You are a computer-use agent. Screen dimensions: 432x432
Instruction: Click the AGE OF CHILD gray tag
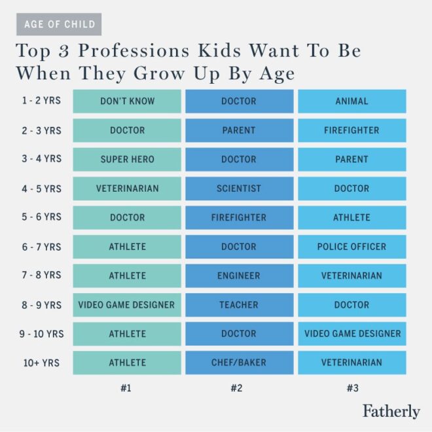pyautogui.click(x=59, y=24)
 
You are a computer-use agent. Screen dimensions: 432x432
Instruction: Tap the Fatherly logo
pyautogui.click(x=391, y=411)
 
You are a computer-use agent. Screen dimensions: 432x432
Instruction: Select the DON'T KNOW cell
pyautogui.click(x=127, y=101)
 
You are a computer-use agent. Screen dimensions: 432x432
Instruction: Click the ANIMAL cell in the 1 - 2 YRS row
pyautogui.click(x=352, y=101)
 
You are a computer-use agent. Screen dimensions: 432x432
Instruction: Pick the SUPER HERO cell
pyautogui.click(x=127, y=159)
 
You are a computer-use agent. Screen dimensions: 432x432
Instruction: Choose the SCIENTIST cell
pyautogui.click(x=239, y=189)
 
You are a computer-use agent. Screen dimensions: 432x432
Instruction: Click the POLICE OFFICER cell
pyautogui.click(x=352, y=247)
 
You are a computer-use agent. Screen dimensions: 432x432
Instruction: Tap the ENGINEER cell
pyautogui.click(x=239, y=276)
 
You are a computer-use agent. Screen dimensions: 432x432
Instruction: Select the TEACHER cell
pyautogui.click(x=239, y=305)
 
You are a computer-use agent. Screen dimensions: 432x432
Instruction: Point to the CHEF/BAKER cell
pyautogui.click(x=239, y=363)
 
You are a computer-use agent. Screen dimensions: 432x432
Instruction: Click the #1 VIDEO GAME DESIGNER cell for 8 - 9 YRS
pyautogui.click(x=127, y=305)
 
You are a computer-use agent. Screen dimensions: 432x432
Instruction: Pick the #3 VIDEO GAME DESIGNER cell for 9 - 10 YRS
pyautogui.click(x=352, y=334)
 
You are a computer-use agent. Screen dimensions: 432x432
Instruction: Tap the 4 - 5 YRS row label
pyautogui.click(x=41, y=189)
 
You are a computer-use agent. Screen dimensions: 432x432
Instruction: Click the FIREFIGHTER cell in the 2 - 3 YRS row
pyautogui.click(x=352, y=130)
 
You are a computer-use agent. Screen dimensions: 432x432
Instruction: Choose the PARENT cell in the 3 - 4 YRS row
pyautogui.click(x=352, y=159)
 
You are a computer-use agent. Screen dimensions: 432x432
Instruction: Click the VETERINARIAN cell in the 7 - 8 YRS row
pyautogui.click(x=352, y=276)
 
